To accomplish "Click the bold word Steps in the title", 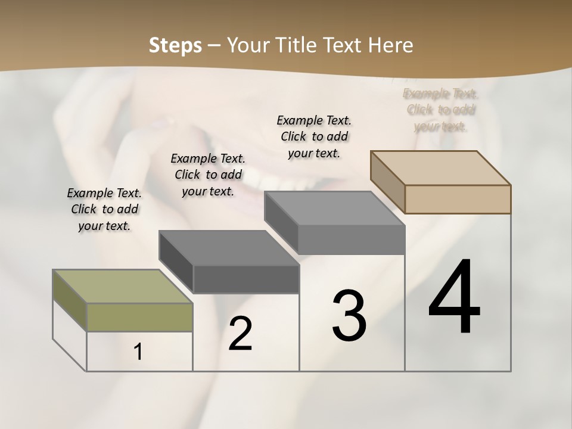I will [175, 45].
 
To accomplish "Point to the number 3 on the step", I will [349, 315].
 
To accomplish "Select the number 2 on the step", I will [240, 334].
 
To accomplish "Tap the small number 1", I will [138, 352].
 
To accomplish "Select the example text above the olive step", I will [104, 209].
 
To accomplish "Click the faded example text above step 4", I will [441, 110].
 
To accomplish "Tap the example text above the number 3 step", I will [314, 136].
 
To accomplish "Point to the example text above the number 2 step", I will [208, 175].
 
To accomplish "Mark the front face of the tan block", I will [458, 199].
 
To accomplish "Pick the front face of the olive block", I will [139, 317].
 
